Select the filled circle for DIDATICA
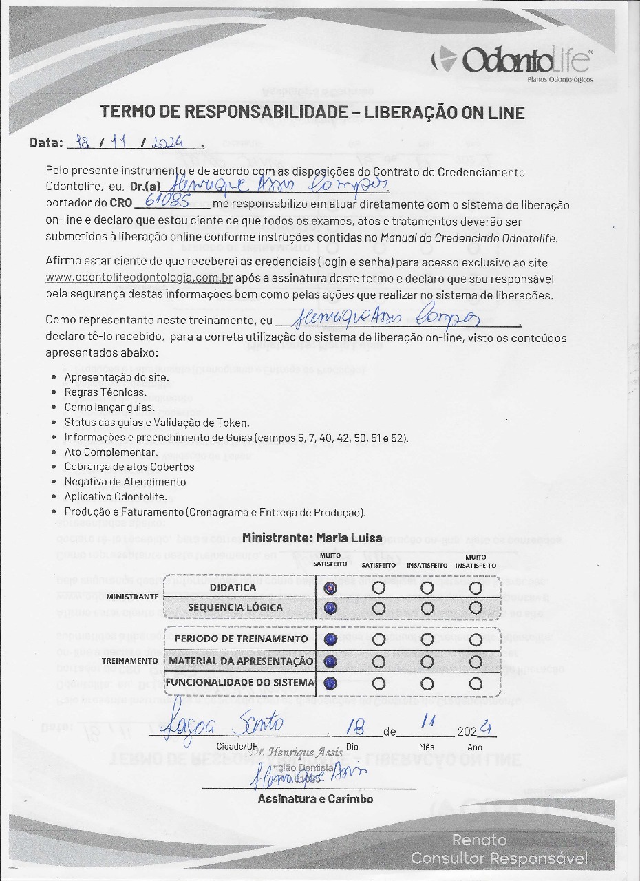point(330,588)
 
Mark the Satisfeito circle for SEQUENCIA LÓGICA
point(378,608)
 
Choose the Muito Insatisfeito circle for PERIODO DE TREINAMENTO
point(476,639)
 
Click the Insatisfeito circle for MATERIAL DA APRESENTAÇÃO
point(427,661)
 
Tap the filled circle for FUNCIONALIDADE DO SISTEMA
point(330,683)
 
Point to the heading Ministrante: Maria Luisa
point(312,538)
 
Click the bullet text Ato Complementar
point(111,452)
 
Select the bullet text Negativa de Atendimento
point(125,482)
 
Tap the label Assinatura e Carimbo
point(315,799)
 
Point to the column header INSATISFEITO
point(427,565)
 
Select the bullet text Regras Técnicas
point(105,392)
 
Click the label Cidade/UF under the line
point(236,747)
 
